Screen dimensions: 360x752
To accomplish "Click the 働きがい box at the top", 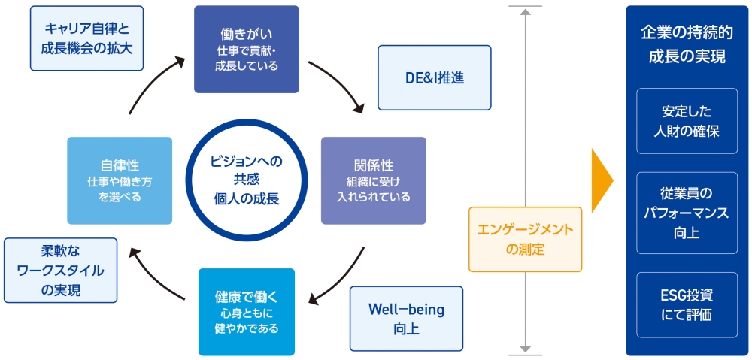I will (246, 49).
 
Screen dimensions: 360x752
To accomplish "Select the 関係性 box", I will (373, 180).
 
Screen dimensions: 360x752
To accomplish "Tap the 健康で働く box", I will (246, 311).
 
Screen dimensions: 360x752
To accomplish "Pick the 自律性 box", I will (120, 180).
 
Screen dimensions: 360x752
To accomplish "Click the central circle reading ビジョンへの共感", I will (246, 180).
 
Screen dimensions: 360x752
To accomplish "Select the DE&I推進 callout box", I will (434, 77).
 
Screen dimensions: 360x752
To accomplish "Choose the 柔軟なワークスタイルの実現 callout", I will (60, 270).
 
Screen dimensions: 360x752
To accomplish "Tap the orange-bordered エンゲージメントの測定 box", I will (525, 239).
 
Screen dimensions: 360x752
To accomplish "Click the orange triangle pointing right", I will (602, 180).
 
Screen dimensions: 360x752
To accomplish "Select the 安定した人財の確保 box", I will (687, 121).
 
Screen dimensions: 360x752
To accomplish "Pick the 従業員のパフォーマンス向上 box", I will (687, 213).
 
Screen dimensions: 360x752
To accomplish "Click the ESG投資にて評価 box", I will (687, 305).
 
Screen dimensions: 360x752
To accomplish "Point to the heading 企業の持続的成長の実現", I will (687, 45).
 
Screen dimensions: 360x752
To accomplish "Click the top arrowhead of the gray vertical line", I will (525, 11).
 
